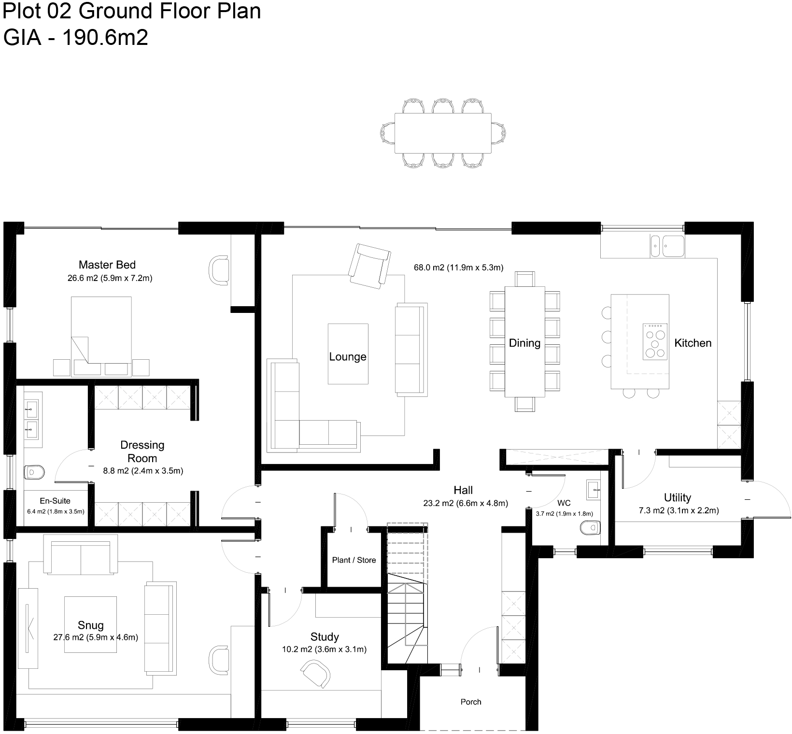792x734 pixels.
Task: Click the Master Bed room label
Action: (x=107, y=265)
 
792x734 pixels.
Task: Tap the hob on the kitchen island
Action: (x=655, y=342)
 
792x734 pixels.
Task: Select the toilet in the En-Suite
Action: (x=34, y=472)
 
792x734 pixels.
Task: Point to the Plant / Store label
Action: (x=354, y=560)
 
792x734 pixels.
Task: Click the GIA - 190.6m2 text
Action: (x=75, y=38)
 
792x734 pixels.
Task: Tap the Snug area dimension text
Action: (x=96, y=637)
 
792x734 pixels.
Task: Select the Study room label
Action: (x=325, y=636)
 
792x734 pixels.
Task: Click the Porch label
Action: (x=471, y=702)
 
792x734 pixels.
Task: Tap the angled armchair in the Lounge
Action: (x=370, y=266)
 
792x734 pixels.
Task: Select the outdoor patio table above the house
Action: (x=443, y=133)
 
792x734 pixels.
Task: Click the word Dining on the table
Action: (x=524, y=343)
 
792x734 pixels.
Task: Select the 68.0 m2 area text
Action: (x=458, y=267)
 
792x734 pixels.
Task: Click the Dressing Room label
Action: (x=142, y=452)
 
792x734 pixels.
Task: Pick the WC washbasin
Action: (x=593, y=490)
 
